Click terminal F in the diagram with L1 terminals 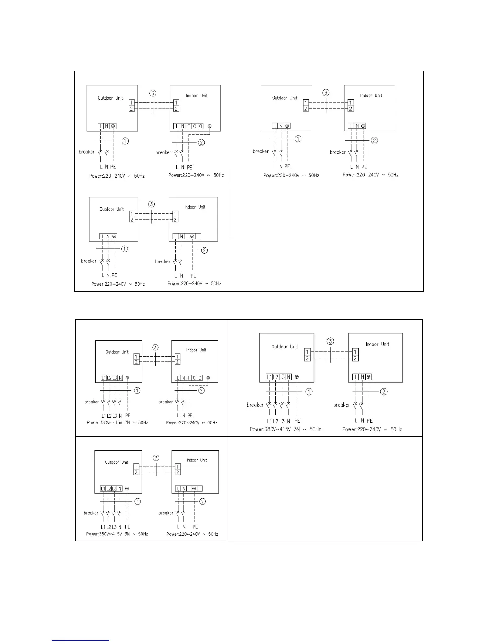tap(189, 378)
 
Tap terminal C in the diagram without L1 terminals tap(194, 126)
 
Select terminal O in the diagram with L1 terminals tap(200, 378)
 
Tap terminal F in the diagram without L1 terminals tap(189, 126)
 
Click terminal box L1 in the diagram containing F tap(103, 378)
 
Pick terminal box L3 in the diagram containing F tap(115, 378)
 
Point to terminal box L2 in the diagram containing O tap(109, 378)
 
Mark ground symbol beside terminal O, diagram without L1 tap(210, 126)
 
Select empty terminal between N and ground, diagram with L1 tap(189, 489)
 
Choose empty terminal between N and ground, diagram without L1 tap(187, 236)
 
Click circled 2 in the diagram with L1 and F tap(201, 391)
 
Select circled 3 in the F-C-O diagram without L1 tap(153, 93)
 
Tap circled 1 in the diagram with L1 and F tap(138, 390)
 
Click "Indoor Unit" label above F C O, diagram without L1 tap(197, 96)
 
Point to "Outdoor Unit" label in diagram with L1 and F tap(117, 352)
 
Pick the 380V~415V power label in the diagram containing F tap(117, 423)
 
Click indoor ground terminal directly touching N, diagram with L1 tap(368, 377)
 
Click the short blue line tap(81, 640)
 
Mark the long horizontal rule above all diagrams tap(249, 32)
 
